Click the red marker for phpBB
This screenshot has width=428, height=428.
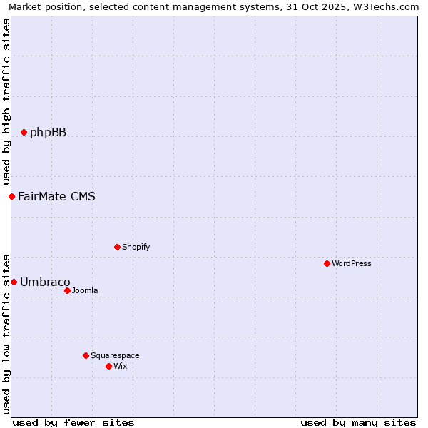click(x=24, y=132)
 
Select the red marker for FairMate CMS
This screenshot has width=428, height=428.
click(x=11, y=196)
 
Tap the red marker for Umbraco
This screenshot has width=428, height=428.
click(x=14, y=282)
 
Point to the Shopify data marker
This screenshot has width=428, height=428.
click(x=117, y=247)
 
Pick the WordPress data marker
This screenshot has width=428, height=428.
click(x=327, y=263)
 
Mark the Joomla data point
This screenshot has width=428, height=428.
click(x=67, y=290)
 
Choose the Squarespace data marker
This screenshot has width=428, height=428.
click(x=86, y=355)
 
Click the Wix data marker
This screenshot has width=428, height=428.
click(x=108, y=366)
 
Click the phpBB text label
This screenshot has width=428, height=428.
click(x=48, y=132)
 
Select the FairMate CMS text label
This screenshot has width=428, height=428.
click(x=56, y=196)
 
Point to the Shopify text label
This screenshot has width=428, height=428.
click(x=136, y=247)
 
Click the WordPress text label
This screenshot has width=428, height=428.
click(x=352, y=263)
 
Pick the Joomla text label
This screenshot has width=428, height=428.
click(x=85, y=290)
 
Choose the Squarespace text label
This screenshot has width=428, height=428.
click(x=115, y=355)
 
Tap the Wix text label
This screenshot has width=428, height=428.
click(x=120, y=366)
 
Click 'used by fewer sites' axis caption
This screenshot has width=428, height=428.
click(x=73, y=422)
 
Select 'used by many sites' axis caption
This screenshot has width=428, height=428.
click(x=358, y=422)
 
